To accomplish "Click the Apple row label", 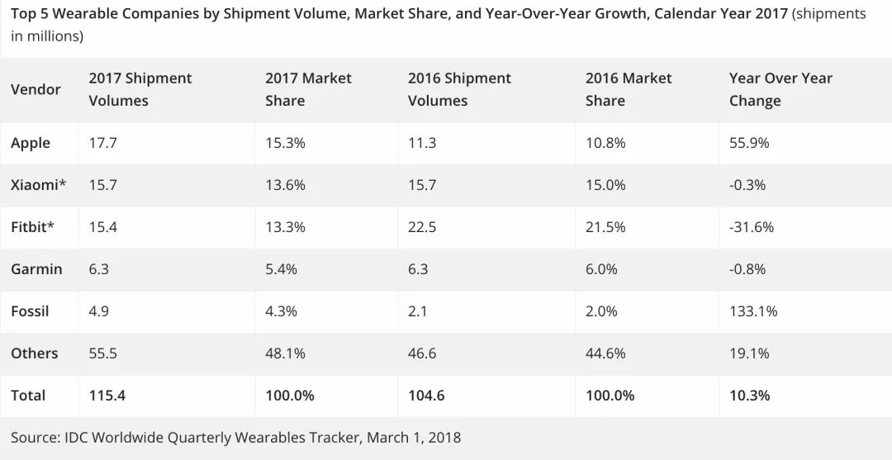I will [31, 143].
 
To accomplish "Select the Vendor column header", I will [36, 89].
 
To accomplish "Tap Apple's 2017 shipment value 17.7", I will [103, 143].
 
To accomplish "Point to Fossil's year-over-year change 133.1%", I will [753, 311].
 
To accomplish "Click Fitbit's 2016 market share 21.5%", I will [605, 227].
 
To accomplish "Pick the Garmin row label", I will [37, 269].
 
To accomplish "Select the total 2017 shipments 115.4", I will [107, 396].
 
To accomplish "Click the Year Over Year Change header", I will [780, 89].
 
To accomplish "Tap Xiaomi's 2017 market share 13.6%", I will [285, 185].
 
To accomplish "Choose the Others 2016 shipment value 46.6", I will [422, 353].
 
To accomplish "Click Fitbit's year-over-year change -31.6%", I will [752, 227].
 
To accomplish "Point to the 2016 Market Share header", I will [629, 89].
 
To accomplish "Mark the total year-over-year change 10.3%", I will [749, 396].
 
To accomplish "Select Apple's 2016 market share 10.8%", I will [605, 143].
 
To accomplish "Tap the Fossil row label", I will [30, 311].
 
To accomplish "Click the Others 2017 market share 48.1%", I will [285, 353].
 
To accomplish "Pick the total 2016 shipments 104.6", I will [426, 396].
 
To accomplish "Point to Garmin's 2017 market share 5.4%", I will [281, 269].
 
